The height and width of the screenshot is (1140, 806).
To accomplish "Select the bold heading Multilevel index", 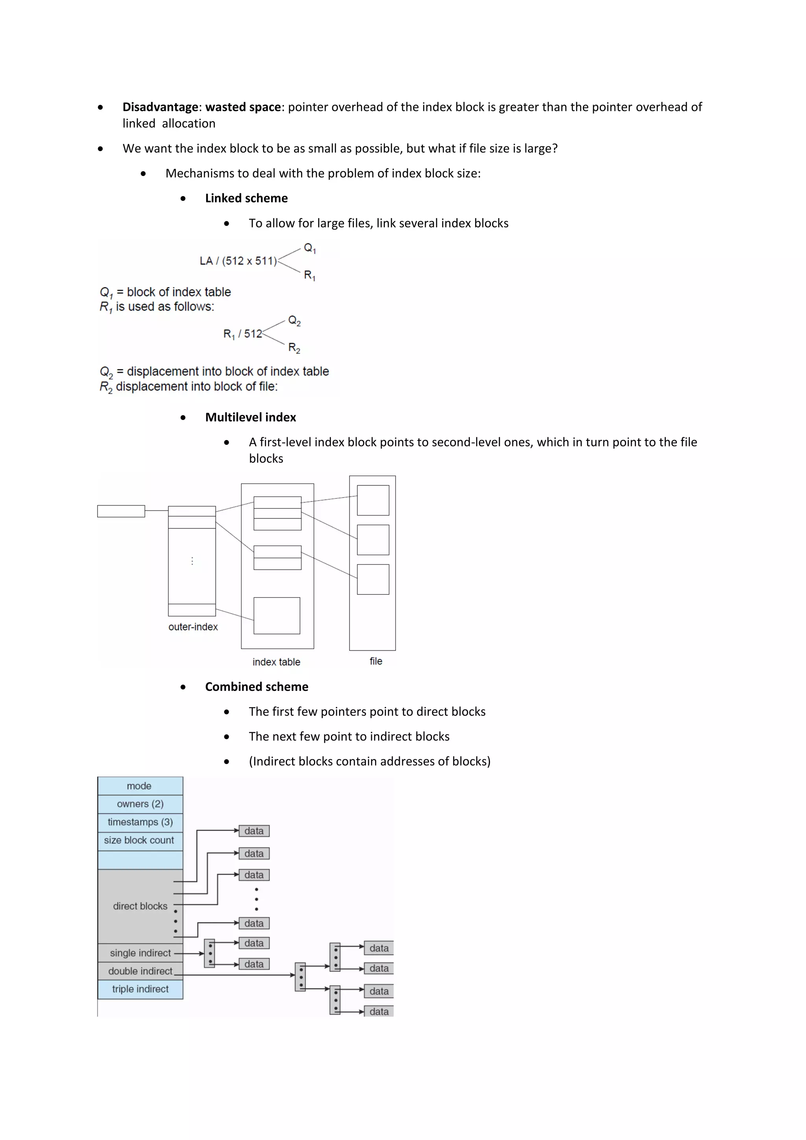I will coord(250,417).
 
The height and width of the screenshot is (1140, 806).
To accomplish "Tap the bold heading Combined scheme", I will coord(257,687).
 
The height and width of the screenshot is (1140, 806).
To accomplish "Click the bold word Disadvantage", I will coord(160,107).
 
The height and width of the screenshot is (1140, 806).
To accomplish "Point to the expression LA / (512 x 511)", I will coord(238,261).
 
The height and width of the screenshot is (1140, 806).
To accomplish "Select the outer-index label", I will coord(193,627).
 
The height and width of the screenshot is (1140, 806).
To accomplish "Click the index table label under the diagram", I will coord(276,662).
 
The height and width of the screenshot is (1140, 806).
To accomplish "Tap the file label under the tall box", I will coord(376,661).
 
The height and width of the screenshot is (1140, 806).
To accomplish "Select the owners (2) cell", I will coord(140,804).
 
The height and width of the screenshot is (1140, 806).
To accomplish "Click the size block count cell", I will coord(139,840).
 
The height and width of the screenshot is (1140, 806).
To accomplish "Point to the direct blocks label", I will coord(140,906).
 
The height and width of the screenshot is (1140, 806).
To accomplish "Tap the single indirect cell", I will coord(140,953).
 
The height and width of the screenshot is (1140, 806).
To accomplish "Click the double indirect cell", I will coord(140,971).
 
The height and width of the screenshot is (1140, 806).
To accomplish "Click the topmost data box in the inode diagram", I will coord(254,831).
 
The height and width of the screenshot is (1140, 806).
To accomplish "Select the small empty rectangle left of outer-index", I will coord(121,511).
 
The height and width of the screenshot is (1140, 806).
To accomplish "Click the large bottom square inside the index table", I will coord(277,616).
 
